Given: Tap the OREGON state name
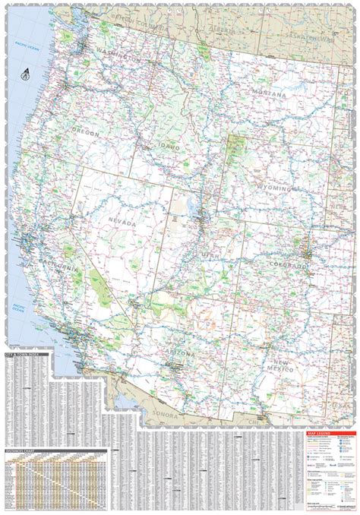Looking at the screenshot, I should [x=86, y=133].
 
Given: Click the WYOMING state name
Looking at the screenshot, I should [x=274, y=187].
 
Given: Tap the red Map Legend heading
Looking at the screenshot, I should [x=320, y=435].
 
